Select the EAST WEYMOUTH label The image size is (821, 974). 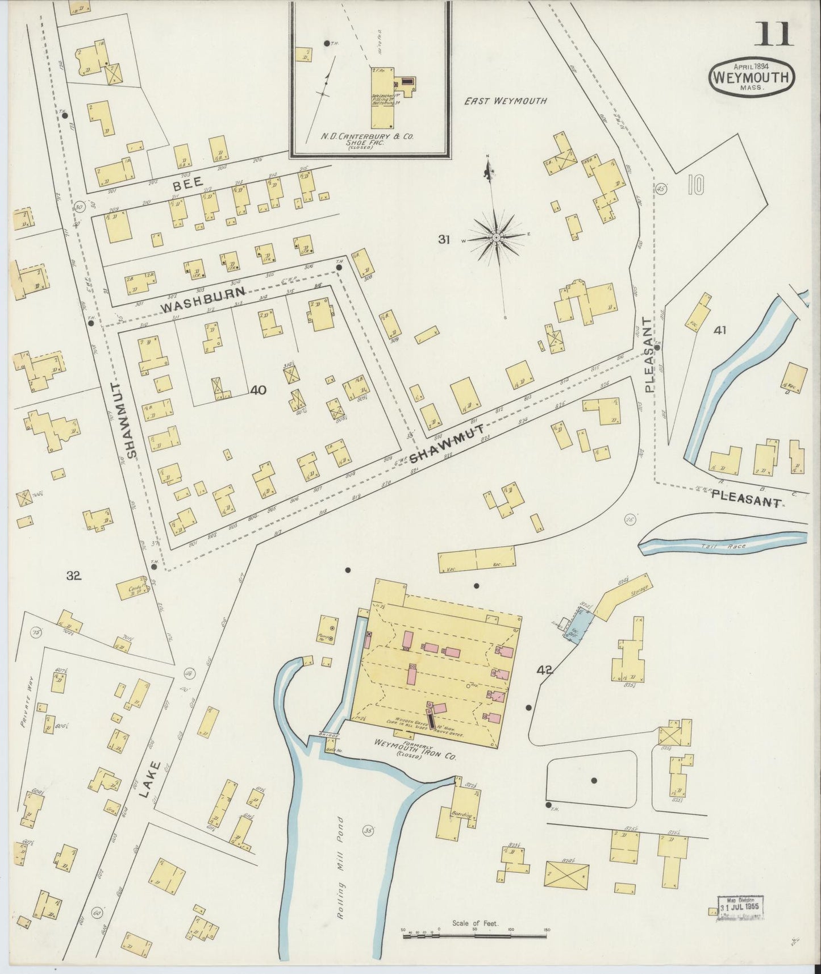pyautogui.click(x=505, y=101)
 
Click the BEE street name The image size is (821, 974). pyautogui.click(x=185, y=186)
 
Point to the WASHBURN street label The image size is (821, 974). pyautogui.click(x=203, y=299)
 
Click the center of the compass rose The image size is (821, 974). pyautogui.click(x=496, y=236)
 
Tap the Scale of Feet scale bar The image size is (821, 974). pyautogui.click(x=475, y=935)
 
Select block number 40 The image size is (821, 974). pyautogui.click(x=258, y=390)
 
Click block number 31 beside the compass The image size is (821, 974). pyautogui.click(x=444, y=240)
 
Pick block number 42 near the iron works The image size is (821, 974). pyautogui.click(x=544, y=671)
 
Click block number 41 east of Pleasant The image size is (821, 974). pyautogui.click(x=720, y=330)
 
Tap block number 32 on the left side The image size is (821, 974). pyautogui.click(x=74, y=576)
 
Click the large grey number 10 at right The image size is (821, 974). pyautogui.click(x=695, y=185)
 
